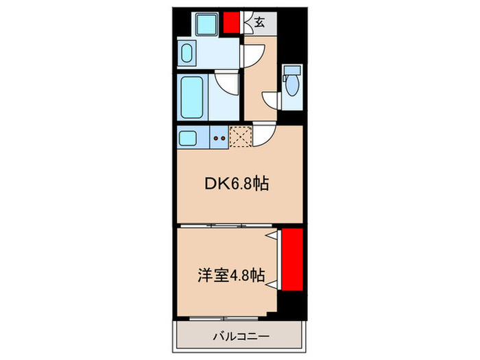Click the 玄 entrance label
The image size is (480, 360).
point(260,23)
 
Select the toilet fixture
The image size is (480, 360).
point(292,84)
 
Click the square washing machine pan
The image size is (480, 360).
point(206,26)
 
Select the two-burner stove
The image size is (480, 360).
point(219,137)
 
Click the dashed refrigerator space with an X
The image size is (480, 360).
point(240,137)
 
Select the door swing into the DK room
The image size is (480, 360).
point(265,136)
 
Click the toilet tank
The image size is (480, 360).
point(291,70)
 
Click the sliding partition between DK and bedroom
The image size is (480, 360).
point(226,226)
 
